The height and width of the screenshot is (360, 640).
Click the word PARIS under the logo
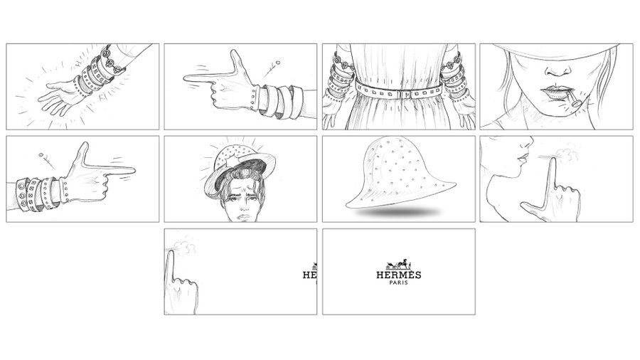399,282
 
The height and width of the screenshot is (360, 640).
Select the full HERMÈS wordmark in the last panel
399,275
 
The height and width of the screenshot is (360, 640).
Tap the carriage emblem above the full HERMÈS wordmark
399,263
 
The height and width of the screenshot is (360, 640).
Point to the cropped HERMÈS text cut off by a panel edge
310,275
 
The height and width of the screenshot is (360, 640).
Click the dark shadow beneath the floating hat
399,212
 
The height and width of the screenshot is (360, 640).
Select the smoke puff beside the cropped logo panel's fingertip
186,245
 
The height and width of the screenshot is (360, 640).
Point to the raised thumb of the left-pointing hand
236,62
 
